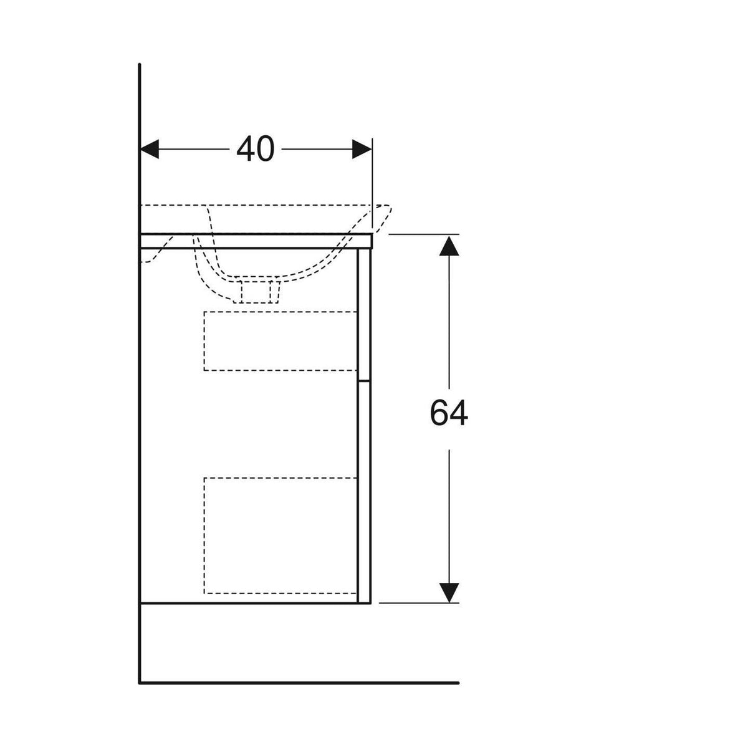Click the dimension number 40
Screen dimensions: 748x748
tap(255, 150)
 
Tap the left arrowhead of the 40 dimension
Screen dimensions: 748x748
tap(150, 149)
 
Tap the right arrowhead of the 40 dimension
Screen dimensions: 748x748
tap(362, 149)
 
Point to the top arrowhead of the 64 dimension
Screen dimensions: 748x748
tap(449, 246)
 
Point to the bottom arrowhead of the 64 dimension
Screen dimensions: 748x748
tap(449, 593)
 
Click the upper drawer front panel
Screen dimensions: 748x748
tap(364, 314)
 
